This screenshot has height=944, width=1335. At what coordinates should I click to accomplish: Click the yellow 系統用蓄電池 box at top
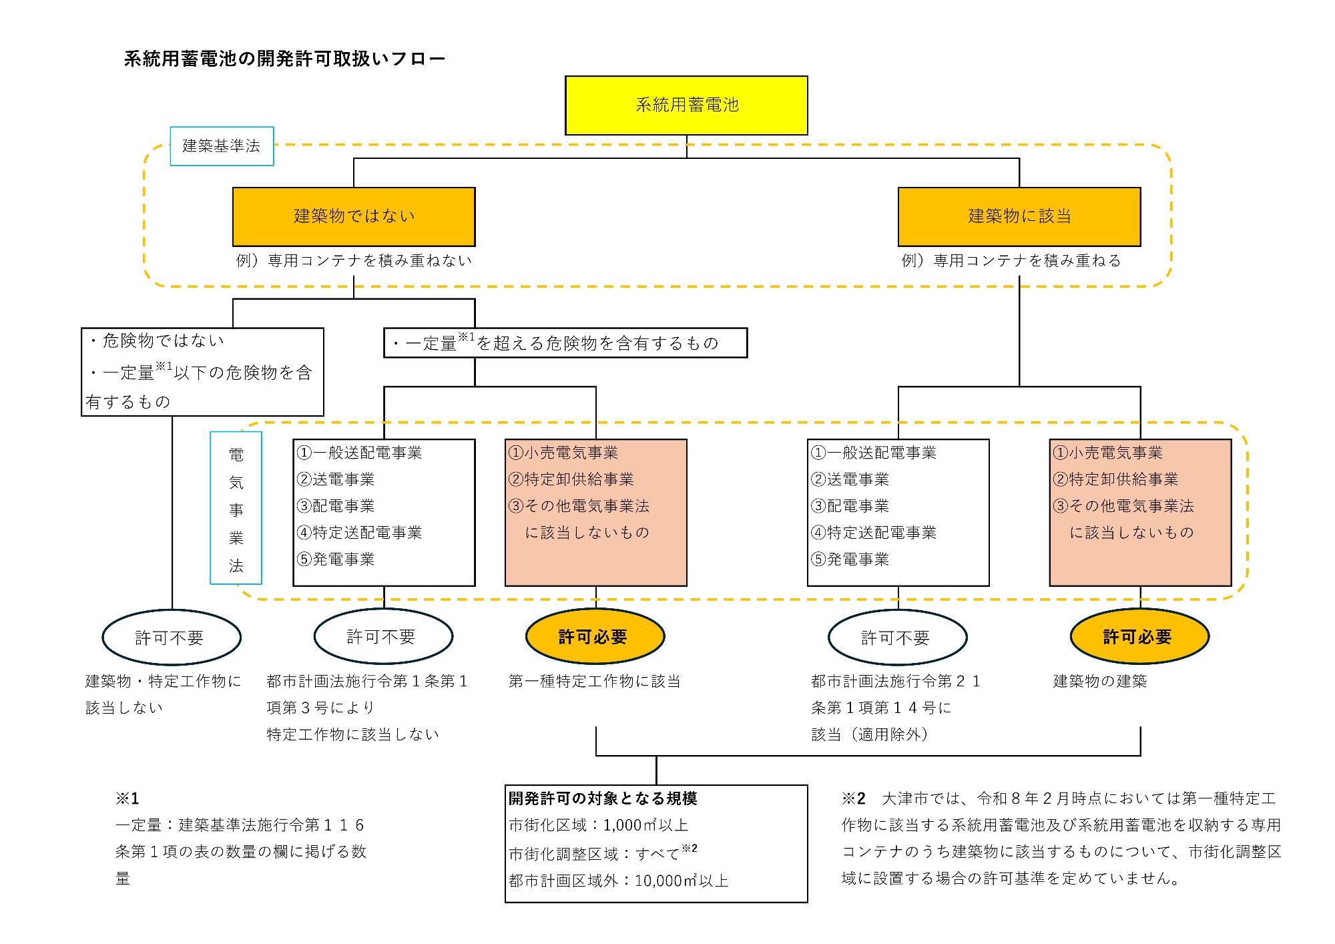[686, 105]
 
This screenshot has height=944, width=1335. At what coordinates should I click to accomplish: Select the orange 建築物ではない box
[354, 216]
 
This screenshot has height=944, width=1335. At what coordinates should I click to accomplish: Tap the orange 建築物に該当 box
[1019, 216]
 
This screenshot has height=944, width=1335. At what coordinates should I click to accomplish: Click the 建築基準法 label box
[222, 146]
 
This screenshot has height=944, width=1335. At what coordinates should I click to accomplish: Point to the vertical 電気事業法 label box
[236, 508]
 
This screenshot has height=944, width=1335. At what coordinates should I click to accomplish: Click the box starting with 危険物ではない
[202, 371]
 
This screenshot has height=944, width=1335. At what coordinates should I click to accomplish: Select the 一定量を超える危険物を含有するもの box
[565, 343]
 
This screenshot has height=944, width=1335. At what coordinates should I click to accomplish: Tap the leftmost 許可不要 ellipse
[171, 638]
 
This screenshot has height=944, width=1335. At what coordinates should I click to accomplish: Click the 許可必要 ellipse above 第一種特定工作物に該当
[594, 637]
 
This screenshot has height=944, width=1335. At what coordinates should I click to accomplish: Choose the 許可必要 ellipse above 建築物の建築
[1139, 637]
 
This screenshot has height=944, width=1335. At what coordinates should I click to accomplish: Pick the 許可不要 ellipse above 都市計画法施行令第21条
[896, 638]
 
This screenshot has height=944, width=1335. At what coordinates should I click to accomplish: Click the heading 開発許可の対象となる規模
[603, 798]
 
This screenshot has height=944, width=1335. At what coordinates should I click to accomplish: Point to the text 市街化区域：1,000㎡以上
[598, 825]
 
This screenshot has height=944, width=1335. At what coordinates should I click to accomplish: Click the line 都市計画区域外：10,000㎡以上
[618, 881]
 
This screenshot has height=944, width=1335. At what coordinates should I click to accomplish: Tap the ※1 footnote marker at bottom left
[127, 798]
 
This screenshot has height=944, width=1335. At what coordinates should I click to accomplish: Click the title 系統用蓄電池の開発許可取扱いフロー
[284, 59]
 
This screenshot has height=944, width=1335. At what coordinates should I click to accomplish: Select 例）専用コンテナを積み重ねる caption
[1011, 260]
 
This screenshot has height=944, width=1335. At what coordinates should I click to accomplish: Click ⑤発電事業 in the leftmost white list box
[336, 559]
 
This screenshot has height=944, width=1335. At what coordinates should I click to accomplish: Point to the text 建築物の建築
[1099, 682]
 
